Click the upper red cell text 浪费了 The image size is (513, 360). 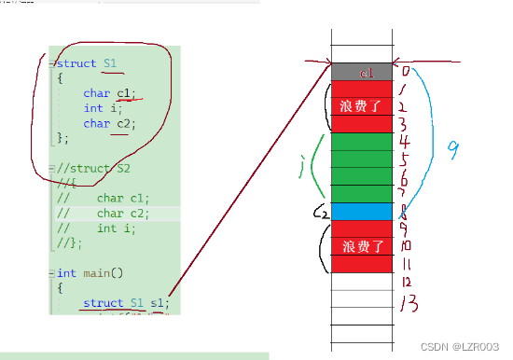[x=361, y=106]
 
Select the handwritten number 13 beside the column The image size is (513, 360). [x=408, y=303]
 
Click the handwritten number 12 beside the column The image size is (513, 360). [x=407, y=282]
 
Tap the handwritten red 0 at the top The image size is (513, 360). [x=405, y=70]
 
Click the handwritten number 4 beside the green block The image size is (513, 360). [x=405, y=142]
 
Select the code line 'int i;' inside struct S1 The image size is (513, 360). [x=98, y=108]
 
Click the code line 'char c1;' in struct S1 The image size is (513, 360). [x=109, y=93]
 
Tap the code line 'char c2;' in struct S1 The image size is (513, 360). [x=109, y=123]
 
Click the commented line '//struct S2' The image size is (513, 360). [x=92, y=169]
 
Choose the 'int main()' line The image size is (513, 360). [x=89, y=273]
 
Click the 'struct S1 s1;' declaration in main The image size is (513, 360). [x=125, y=303]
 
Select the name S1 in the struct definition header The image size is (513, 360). [x=111, y=63]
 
